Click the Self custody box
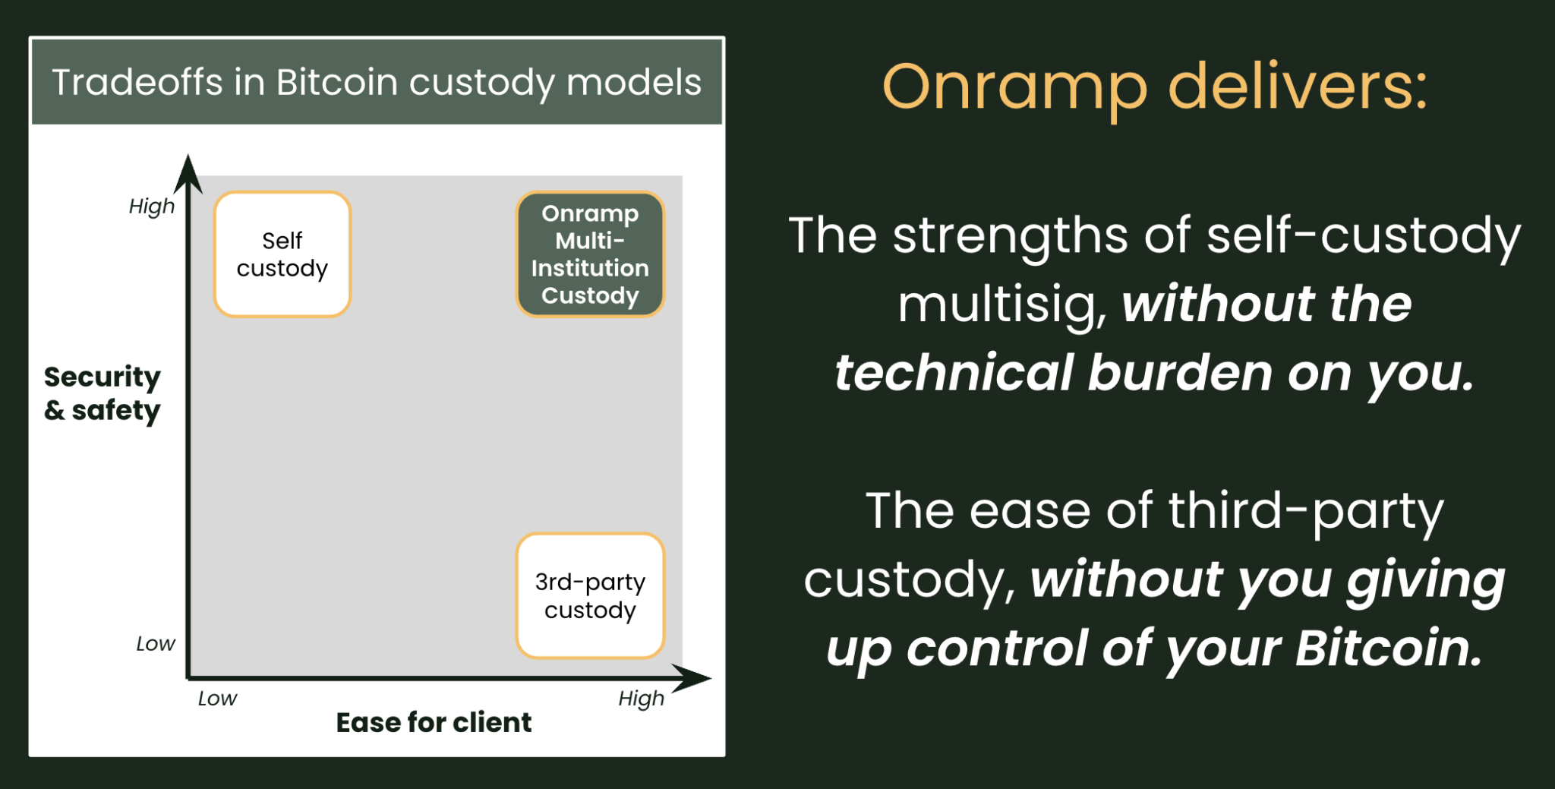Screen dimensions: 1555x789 282,254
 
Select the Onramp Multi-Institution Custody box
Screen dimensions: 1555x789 590,254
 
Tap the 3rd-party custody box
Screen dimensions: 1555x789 590,595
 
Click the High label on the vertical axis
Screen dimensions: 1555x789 152,207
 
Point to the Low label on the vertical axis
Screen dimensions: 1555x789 156,644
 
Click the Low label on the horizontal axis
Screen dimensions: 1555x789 218,699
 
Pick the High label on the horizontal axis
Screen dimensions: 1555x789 642,699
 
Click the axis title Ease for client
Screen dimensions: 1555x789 434,722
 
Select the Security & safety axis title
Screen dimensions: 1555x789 103,393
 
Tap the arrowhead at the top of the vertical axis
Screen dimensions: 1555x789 188,173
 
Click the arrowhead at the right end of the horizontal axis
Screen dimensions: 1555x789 691,678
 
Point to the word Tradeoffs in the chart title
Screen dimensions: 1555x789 137,82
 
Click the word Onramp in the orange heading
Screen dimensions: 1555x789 1015,90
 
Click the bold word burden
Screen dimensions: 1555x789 1179,373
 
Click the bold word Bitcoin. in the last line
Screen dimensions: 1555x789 1389,649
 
